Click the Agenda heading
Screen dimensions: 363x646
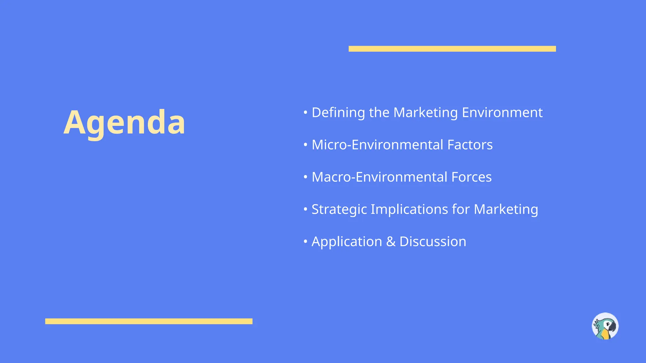(x=124, y=122)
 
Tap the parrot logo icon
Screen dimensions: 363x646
(x=605, y=326)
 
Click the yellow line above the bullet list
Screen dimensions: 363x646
(x=452, y=49)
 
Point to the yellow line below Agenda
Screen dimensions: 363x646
(x=149, y=321)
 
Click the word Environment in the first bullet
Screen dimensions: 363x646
(x=502, y=113)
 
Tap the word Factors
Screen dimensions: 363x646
(x=470, y=145)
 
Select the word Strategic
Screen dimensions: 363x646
(x=339, y=210)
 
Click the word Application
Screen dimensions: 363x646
(x=347, y=242)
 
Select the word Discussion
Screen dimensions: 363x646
(x=432, y=242)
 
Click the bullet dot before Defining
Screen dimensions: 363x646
(x=305, y=112)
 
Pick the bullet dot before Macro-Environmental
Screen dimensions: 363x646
(x=305, y=177)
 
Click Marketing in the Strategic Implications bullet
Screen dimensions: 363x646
(x=506, y=210)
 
